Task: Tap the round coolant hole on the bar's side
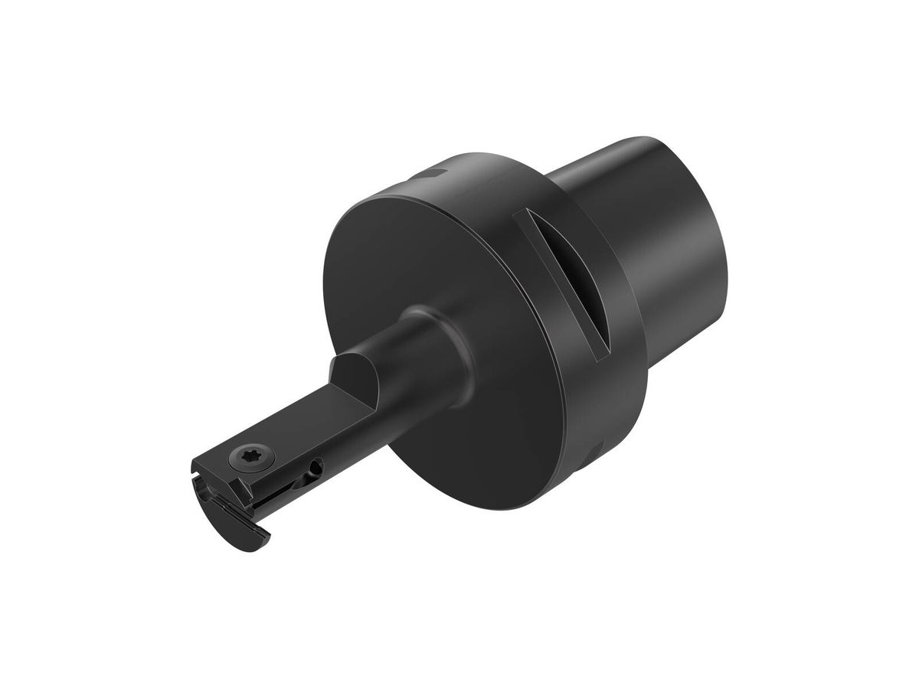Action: (x=313, y=467)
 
